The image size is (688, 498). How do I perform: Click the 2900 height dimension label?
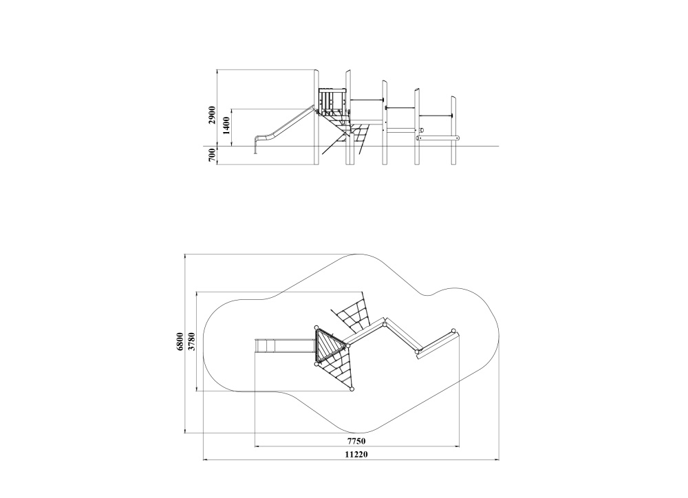click(x=213, y=115)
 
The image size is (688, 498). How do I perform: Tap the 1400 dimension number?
click(x=226, y=126)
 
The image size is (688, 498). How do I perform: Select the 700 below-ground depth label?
click(x=213, y=155)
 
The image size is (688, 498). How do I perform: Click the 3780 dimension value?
click(x=192, y=342)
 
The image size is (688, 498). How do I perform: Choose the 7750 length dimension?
click(x=356, y=441)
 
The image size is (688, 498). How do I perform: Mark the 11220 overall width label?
click(x=356, y=455)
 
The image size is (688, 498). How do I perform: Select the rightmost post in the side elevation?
click(x=453, y=130)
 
